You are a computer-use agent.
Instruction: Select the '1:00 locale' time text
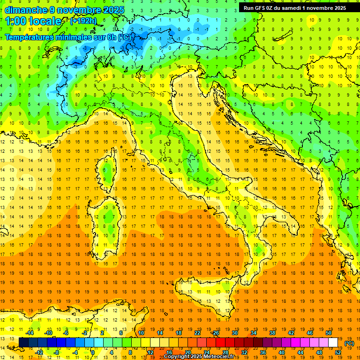coord(33,21)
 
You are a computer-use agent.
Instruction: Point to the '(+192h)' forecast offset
coord(83,21)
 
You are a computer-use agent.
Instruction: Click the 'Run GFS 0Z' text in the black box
coord(260,7)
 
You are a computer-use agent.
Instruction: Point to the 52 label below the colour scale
coord(338,352)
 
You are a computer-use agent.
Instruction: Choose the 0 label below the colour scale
coord(93,352)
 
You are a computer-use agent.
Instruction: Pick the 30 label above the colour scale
coord(234,332)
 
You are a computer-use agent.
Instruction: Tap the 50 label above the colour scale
coord(328,332)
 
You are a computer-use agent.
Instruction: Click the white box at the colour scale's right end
coord(333,342)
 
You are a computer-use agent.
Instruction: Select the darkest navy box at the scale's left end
coord(23,342)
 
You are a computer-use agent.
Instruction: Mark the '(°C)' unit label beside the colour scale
coord(349,343)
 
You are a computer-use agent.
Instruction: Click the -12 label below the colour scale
coord(39,352)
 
